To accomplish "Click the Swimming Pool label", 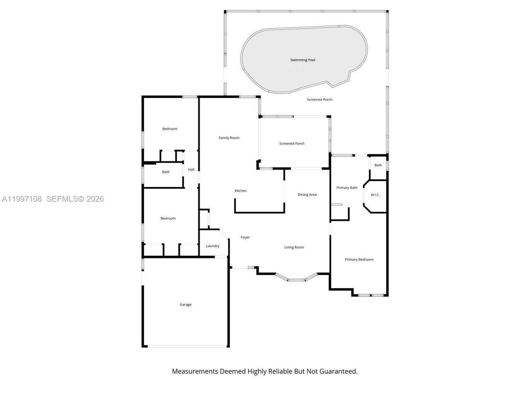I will tap(303, 60).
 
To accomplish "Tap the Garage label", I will tap(185, 305).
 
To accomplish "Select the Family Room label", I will tap(229, 138).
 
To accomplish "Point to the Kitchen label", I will tap(241, 191).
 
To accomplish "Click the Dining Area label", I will tap(307, 195).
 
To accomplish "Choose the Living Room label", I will tap(294, 248).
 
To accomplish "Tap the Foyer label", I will tap(245, 238).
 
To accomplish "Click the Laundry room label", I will tap(213, 246).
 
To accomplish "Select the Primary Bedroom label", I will tap(359, 260).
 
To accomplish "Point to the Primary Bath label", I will tap(347, 188).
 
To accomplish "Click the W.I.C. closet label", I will tap(375, 195).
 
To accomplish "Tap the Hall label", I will tap(191, 170).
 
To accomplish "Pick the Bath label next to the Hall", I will tap(166, 172).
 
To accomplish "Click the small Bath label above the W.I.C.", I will tap(378, 165).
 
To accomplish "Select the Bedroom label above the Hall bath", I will tap(170, 129).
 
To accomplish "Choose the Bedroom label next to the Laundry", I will tap(168, 218).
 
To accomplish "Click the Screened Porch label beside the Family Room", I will tap(292, 144).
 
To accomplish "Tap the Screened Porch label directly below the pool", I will tap(320, 99).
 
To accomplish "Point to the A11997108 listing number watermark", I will tap(22, 199).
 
